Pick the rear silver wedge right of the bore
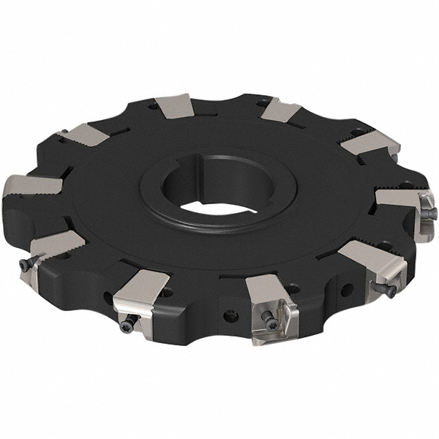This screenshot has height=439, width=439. coord(281,110)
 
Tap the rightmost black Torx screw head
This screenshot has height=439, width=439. coord(432,213)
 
